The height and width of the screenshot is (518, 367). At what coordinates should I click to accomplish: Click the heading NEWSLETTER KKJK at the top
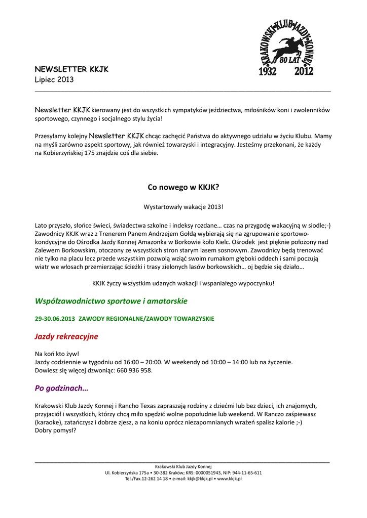click(x=71, y=69)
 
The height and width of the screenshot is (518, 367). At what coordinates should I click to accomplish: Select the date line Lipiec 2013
click(x=54, y=79)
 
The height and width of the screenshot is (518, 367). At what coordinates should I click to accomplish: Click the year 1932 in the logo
click(x=268, y=71)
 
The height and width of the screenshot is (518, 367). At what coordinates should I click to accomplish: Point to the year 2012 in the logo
click(x=304, y=71)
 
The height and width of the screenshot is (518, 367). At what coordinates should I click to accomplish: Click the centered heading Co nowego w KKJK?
click(x=183, y=188)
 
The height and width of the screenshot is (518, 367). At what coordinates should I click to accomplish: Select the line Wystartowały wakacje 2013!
click(x=183, y=207)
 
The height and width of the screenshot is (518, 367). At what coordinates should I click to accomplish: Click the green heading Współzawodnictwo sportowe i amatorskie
click(x=111, y=301)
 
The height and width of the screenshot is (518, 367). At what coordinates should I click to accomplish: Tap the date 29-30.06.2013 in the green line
click(x=55, y=319)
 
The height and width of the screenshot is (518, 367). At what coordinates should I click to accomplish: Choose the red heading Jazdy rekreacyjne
click(x=66, y=336)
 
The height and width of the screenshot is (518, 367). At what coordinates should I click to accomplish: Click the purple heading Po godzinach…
click(x=61, y=388)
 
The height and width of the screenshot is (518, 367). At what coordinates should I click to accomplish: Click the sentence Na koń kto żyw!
click(x=57, y=354)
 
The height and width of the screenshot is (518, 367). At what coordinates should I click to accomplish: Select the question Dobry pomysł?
click(x=55, y=431)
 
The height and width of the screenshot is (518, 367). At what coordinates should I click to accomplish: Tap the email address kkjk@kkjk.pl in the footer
click(x=200, y=479)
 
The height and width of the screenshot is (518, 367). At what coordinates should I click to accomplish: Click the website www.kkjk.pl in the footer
click(x=230, y=479)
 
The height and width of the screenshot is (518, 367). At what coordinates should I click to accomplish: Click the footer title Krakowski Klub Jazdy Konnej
click(x=183, y=466)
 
